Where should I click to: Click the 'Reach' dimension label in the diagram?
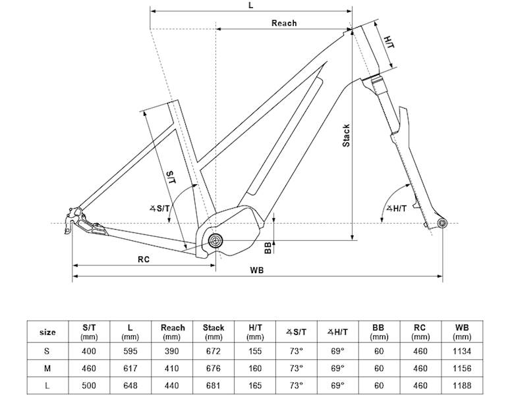coord(284,23)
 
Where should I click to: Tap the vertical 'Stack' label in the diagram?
coord(346,135)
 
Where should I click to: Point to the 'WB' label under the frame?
coord(257,271)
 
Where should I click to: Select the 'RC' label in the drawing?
coord(144,259)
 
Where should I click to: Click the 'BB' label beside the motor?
coord(268,248)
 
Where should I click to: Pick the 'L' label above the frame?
coord(250,5)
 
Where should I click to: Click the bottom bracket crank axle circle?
coord(214,242)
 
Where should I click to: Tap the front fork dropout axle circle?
coord(441,224)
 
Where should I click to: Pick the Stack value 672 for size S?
coord(213,351)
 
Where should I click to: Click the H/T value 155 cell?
coord(254,351)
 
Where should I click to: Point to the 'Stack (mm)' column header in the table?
coord(213,332)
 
